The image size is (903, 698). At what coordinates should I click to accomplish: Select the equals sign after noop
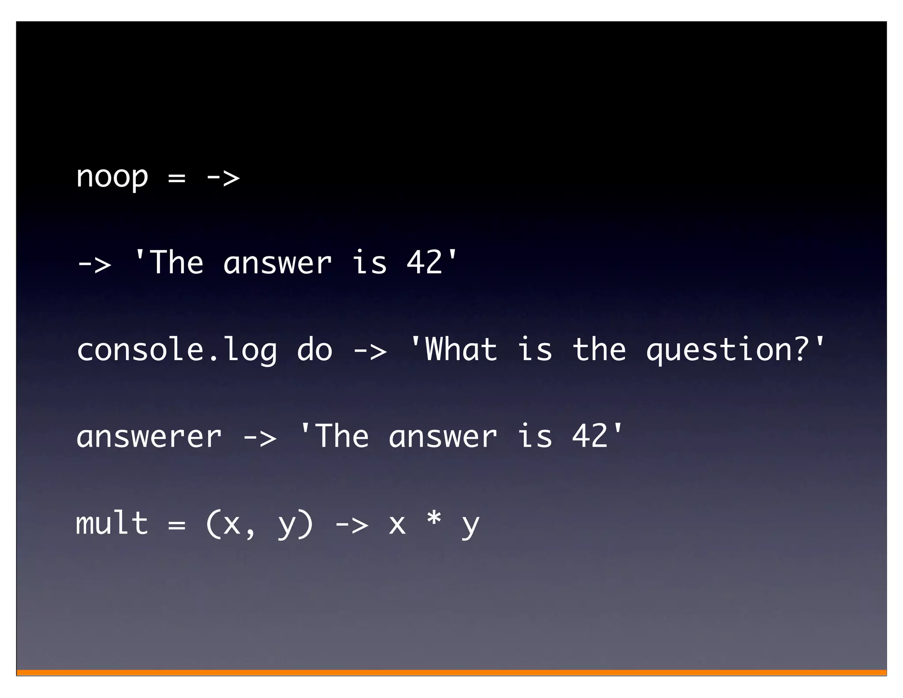coord(176,178)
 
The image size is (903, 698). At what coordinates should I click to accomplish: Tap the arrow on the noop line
coord(223,178)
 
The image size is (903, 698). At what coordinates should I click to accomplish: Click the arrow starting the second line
coord(94,264)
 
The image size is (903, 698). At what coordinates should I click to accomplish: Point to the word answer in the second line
coord(277,263)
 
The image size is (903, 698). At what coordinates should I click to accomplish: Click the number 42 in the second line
coord(424,262)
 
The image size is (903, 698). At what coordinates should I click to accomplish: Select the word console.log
coord(177,350)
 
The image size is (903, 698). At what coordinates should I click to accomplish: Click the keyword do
coord(314,349)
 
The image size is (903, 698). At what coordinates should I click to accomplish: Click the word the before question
coord(599,349)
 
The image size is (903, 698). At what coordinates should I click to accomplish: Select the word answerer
coord(149,437)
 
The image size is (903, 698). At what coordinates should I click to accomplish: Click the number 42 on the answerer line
coord(590,436)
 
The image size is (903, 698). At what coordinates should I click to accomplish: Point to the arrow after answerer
coord(260,438)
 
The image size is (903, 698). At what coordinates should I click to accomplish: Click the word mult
coord(112,523)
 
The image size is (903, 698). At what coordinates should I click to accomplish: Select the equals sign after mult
coord(176,525)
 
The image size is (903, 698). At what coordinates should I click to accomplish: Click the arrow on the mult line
coord(351,525)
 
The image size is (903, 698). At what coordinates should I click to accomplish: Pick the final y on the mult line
coord(470,526)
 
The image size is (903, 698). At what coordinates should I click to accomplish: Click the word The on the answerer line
coord(342,436)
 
